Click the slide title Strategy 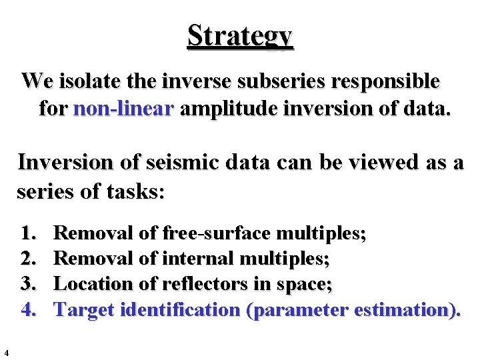(x=240, y=35)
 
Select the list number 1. (x=28, y=234)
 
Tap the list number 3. (x=28, y=285)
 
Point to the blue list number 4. (x=28, y=310)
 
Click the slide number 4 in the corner (x=6, y=353)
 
